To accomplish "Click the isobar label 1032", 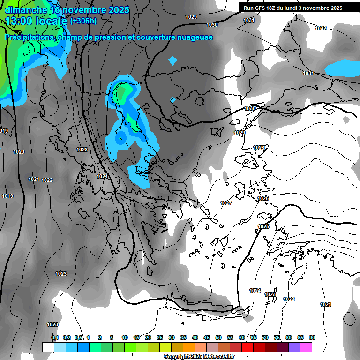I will click(x=321, y=28).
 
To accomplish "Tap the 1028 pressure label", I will click(x=259, y=148).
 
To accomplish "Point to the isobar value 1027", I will click(x=226, y=203).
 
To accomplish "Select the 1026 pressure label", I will click(x=263, y=198).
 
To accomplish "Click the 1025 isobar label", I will click(x=263, y=226).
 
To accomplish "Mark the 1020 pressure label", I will click(x=19, y=152).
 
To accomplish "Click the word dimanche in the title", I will click(x=26, y=10).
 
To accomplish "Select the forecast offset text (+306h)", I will click(x=83, y=21).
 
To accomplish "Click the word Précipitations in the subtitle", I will click(x=29, y=37).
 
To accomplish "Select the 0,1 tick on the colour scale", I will click(x=55, y=337).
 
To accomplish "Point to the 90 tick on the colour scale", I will click(x=312, y=337).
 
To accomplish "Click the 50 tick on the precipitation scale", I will click(x=218, y=337).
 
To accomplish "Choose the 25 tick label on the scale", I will click(x=160, y=337).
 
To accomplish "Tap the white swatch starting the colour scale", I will click(x=48, y=347).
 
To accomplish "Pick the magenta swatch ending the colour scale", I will click(x=306, y=347).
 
